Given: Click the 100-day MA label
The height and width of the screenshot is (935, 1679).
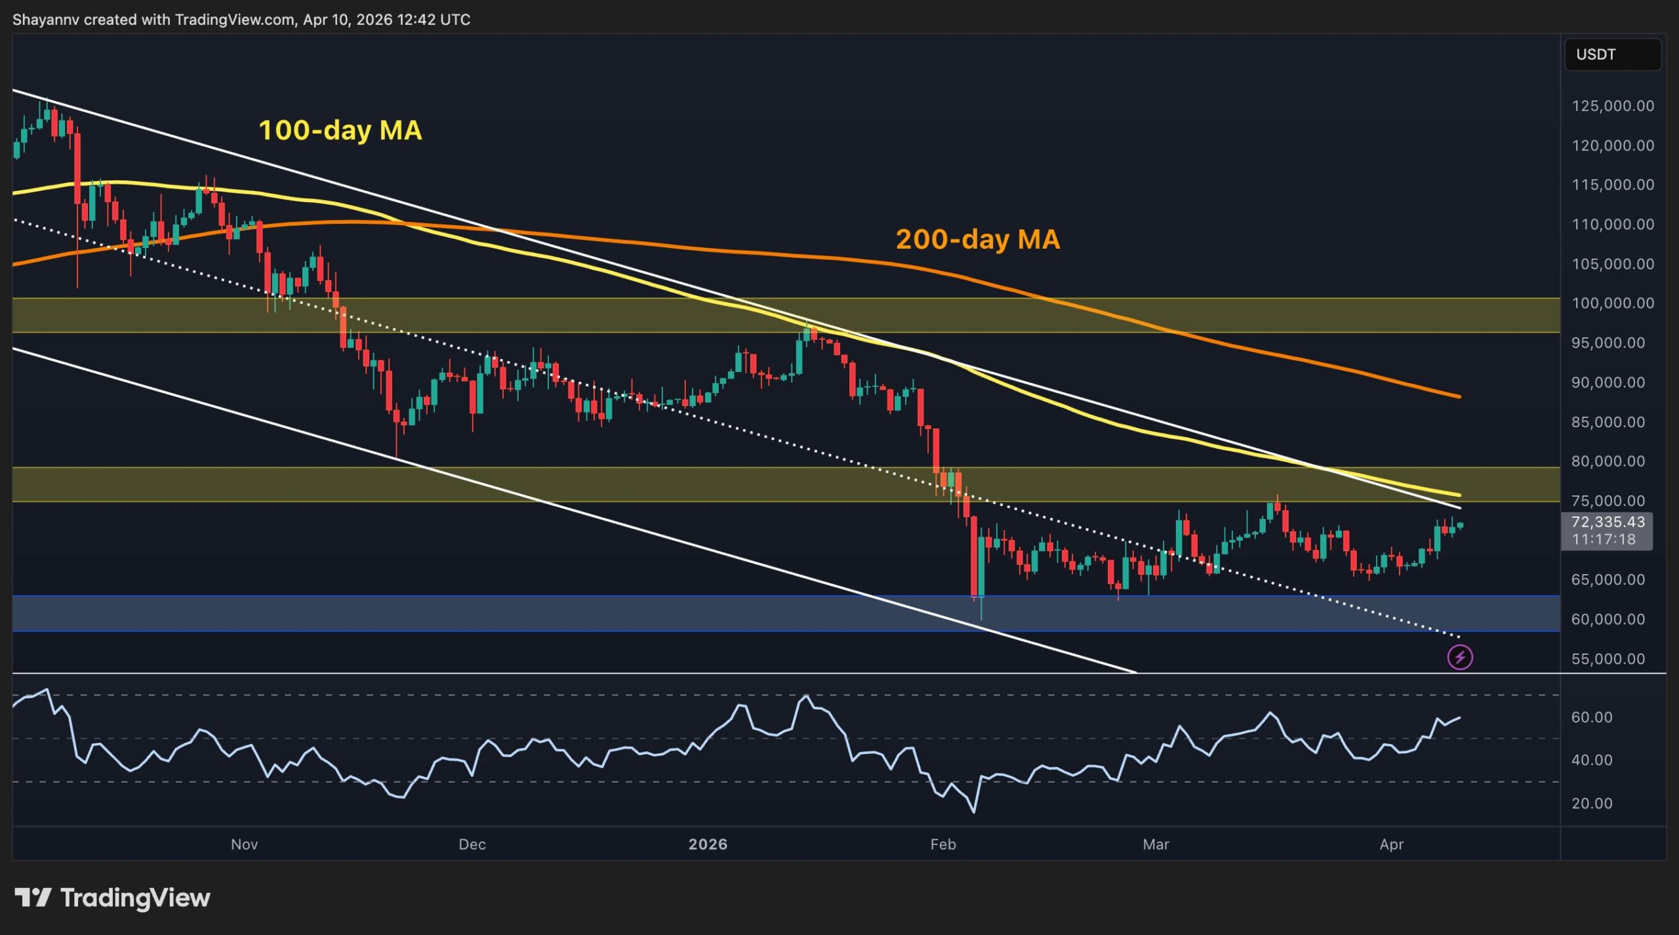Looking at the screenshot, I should [x=340, y=130].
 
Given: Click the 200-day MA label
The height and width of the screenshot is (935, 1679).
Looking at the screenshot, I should [x=977, y=239].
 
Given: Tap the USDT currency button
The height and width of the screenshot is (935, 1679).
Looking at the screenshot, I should [x=1612, y=54].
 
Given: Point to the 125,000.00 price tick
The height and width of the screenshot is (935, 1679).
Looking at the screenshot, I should [x=1612, y=106].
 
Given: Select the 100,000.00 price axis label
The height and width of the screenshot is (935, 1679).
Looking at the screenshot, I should [x=1612, y=303].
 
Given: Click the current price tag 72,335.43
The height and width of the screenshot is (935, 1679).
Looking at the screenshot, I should [x=1608, y=522].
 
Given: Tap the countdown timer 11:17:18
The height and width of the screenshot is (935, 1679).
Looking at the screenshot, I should [x=1604, y=539].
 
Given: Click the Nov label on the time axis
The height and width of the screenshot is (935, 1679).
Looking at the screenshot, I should [x=244, y=844].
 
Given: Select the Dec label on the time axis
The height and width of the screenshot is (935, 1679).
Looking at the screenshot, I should [x=472, y=844].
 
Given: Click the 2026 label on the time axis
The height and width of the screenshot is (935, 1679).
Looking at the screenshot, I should [x=708, y=844].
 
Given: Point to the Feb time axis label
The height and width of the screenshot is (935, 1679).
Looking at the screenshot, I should [x=942, y=844].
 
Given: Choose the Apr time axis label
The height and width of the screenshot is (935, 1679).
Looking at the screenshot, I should [x=1391, y=844].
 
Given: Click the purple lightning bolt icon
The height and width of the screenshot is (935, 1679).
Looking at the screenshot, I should [x=1460, y=657].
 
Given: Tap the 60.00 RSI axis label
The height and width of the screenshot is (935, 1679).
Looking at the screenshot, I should [x=1591, y=717].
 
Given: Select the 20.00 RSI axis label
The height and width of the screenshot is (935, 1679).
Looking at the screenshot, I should [x=1591, y=803].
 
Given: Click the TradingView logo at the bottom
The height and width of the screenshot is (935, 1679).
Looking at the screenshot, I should [x=112, y=898].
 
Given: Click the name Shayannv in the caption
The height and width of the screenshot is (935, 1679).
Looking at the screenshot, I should [x=46, y=20].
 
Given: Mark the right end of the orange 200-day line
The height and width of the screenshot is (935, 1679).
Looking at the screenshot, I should [x=1459, y=396].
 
